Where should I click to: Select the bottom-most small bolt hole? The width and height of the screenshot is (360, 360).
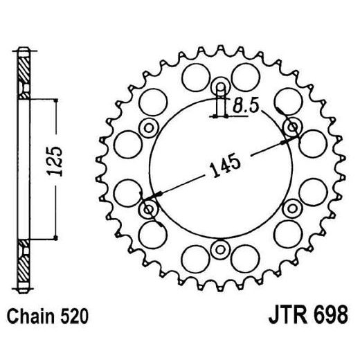pyautogui.click(x=221, y=249)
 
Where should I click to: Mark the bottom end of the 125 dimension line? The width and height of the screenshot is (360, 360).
pyautogui.click(x=53, y=239)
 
